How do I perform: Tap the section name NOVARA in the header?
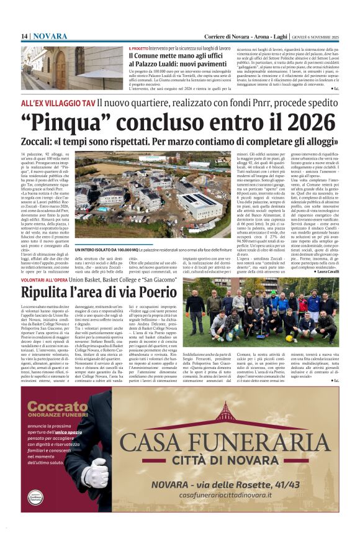pos(50,37)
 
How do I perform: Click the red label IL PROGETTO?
pos(138,48)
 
